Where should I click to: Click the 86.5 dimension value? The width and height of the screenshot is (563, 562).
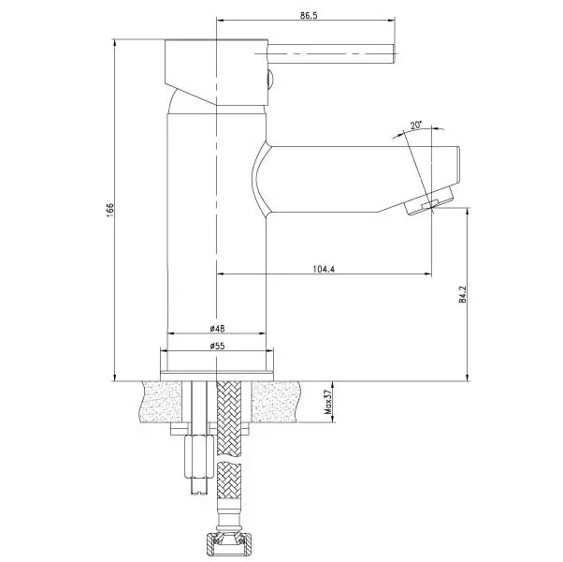coord(309,16)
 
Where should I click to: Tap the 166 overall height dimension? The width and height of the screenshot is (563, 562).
coord(109,210)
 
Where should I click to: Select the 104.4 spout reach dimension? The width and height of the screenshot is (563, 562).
coord(324,269)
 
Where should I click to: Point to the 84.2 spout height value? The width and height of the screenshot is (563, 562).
coord(463,294)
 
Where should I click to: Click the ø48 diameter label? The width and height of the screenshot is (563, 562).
coord(217,328)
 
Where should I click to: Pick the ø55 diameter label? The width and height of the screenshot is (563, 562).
coord(217,346)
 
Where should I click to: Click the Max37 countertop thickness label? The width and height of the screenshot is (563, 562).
coord(328,403)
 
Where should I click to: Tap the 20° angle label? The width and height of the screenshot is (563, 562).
coord(416,126)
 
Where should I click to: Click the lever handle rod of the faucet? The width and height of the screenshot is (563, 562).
coord(331,54)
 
